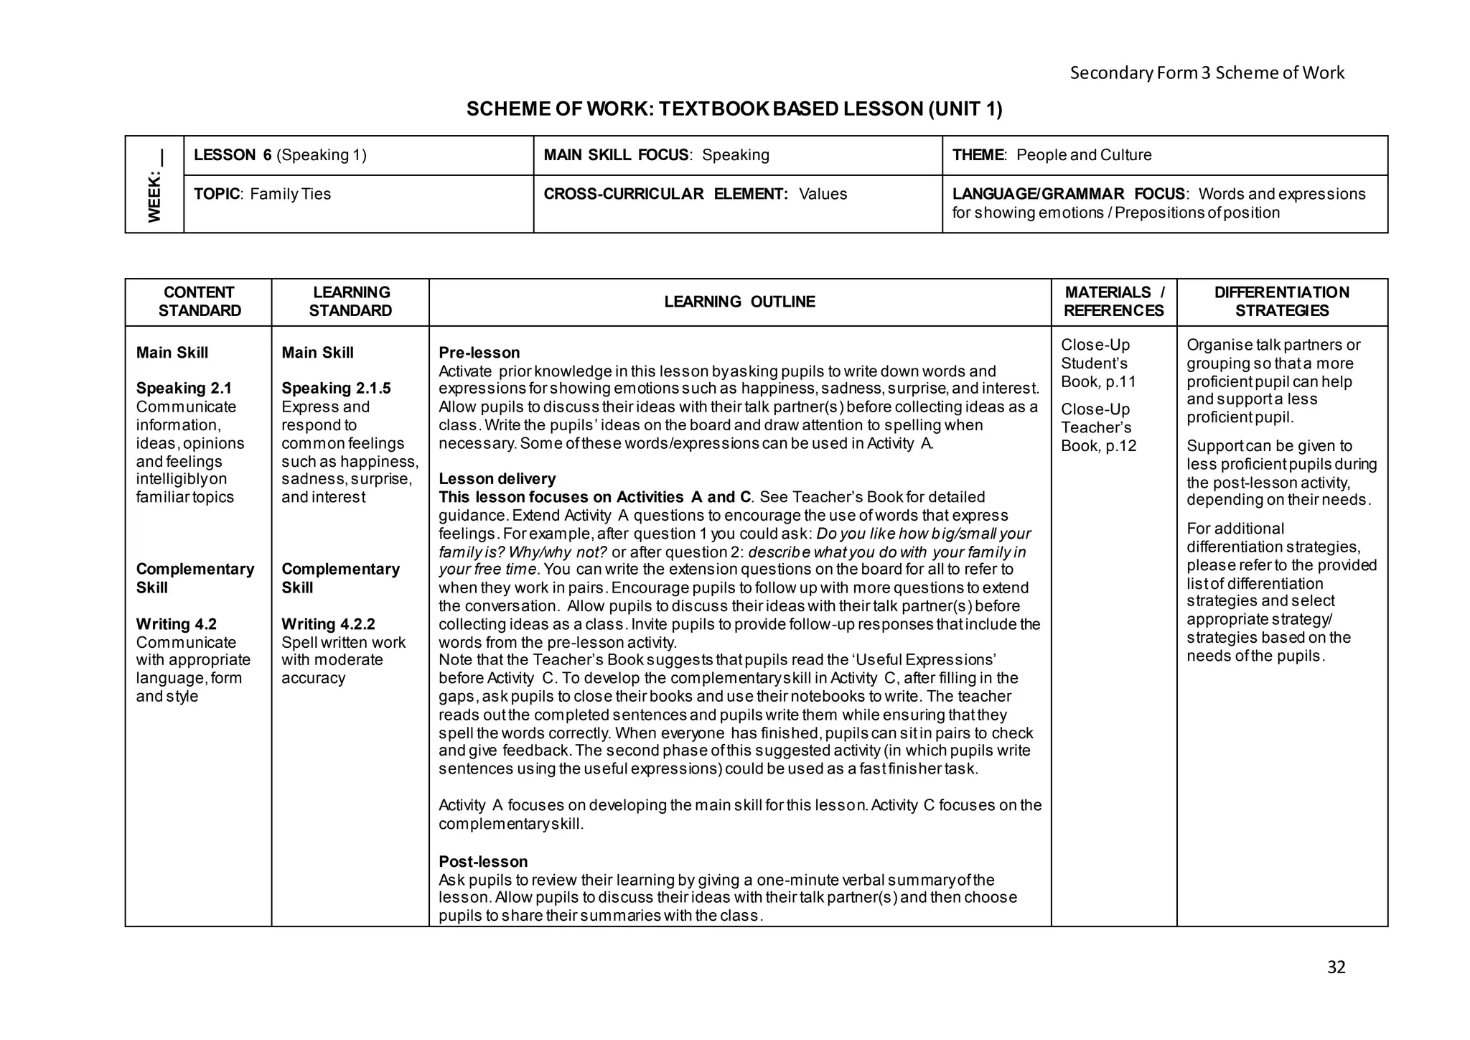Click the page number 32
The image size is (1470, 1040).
pos(1336,967)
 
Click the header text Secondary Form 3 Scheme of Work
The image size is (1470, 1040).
pos(1207,73)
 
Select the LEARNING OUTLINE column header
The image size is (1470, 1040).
pos(739,302)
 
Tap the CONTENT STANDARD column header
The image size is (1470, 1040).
pos(199,302)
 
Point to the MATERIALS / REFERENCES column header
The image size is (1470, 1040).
pos(1113,302)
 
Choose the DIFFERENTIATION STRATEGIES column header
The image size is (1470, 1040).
pos(1281,302)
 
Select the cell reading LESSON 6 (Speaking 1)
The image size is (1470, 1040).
pos(280,155)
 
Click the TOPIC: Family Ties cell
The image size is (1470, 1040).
pos(262,194)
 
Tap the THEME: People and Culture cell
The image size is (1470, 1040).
pos(1052,155)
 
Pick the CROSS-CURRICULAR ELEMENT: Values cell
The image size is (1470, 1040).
pos(695,194)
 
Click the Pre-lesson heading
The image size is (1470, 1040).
pos(479,353)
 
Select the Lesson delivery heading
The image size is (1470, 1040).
pos(497,479)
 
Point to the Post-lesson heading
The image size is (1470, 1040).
pos(482,862)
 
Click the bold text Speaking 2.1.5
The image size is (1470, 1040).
pos(336,389)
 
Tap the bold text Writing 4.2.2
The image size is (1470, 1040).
pos(328,624)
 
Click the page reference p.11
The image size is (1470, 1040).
pos(1120,382)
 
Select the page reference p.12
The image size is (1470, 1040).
pos(1120,446)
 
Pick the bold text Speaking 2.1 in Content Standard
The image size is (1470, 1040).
pos(184,389)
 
